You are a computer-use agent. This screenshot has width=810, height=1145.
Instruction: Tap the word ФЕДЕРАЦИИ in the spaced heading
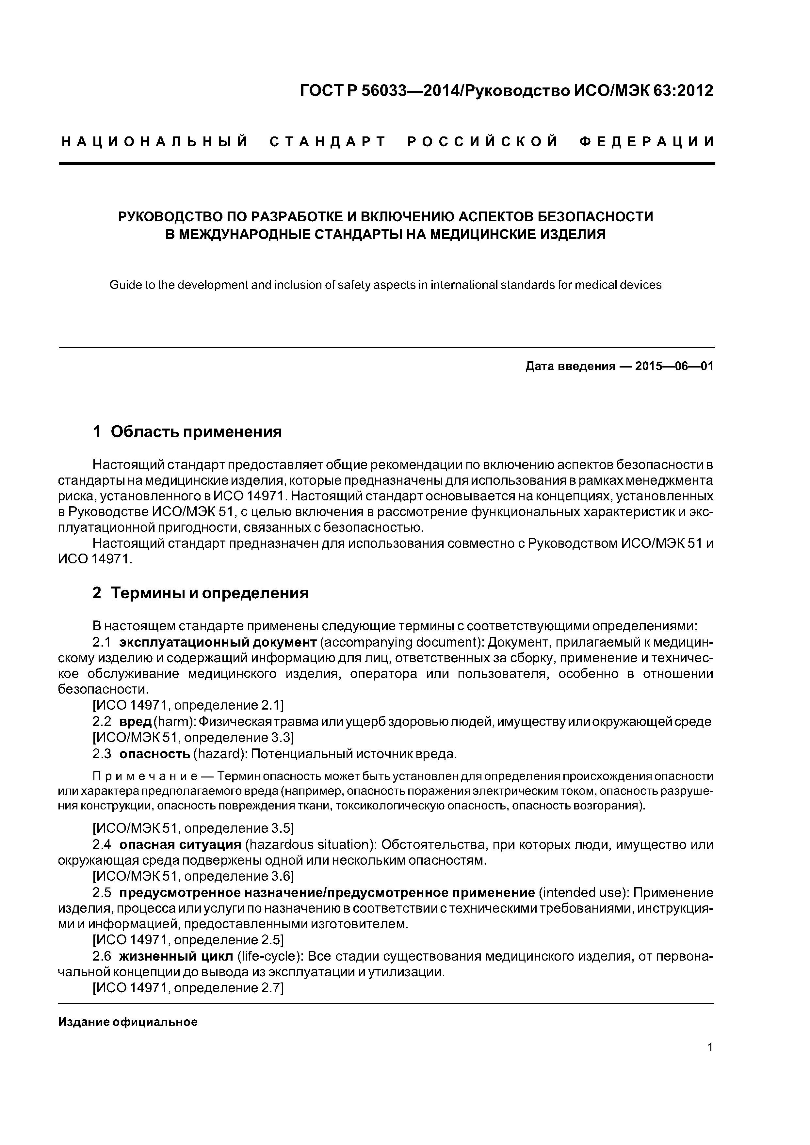click(x=647, y=142)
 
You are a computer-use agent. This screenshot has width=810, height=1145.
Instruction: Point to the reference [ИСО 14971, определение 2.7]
click(x=189, y=988)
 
